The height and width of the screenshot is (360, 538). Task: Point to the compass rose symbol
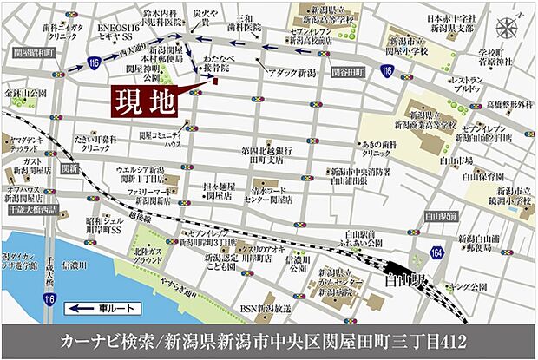tap(506, 27)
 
